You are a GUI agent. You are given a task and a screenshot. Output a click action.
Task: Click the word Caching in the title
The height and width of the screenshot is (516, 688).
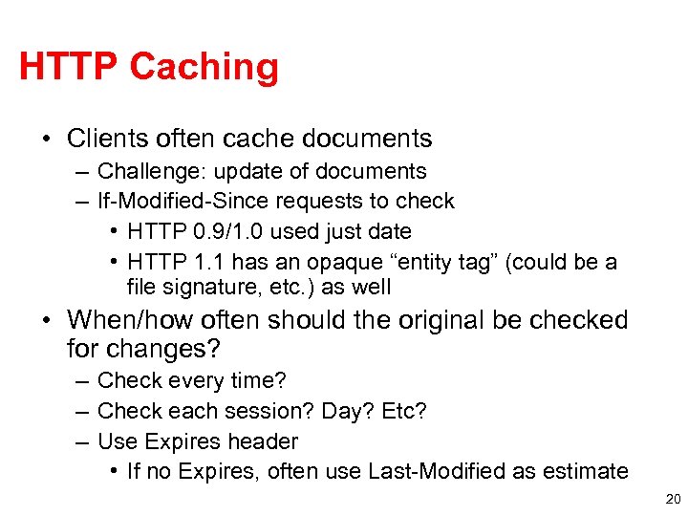point(204,68)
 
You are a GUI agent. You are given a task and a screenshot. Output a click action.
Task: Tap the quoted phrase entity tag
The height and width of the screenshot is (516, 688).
point(442,262)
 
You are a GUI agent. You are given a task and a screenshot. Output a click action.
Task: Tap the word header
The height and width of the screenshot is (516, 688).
point(266,441)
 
